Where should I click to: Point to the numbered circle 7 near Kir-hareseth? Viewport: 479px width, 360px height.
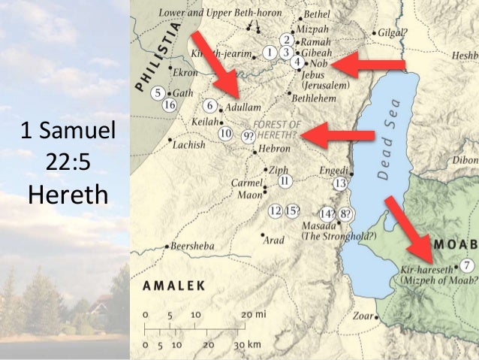tap(467, 265)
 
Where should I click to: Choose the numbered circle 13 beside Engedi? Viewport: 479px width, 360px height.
tap(339, 183)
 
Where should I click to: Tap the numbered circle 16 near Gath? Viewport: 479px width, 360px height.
tap(170, 104)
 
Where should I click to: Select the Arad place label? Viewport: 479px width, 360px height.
tap(273, 241)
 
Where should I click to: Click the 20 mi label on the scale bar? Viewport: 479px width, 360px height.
tap(253, 313)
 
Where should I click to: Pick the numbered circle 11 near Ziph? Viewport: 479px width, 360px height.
tap(285, 180)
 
